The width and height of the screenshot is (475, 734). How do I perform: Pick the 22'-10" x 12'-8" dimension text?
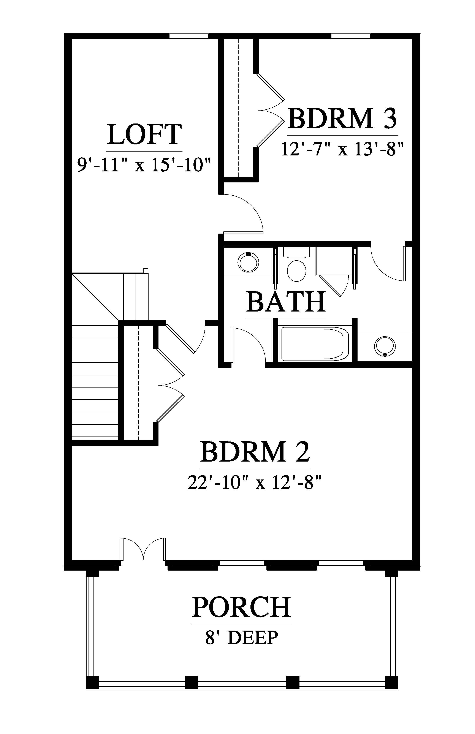[255, 482]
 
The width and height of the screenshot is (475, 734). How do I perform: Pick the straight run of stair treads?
[95, 381]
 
